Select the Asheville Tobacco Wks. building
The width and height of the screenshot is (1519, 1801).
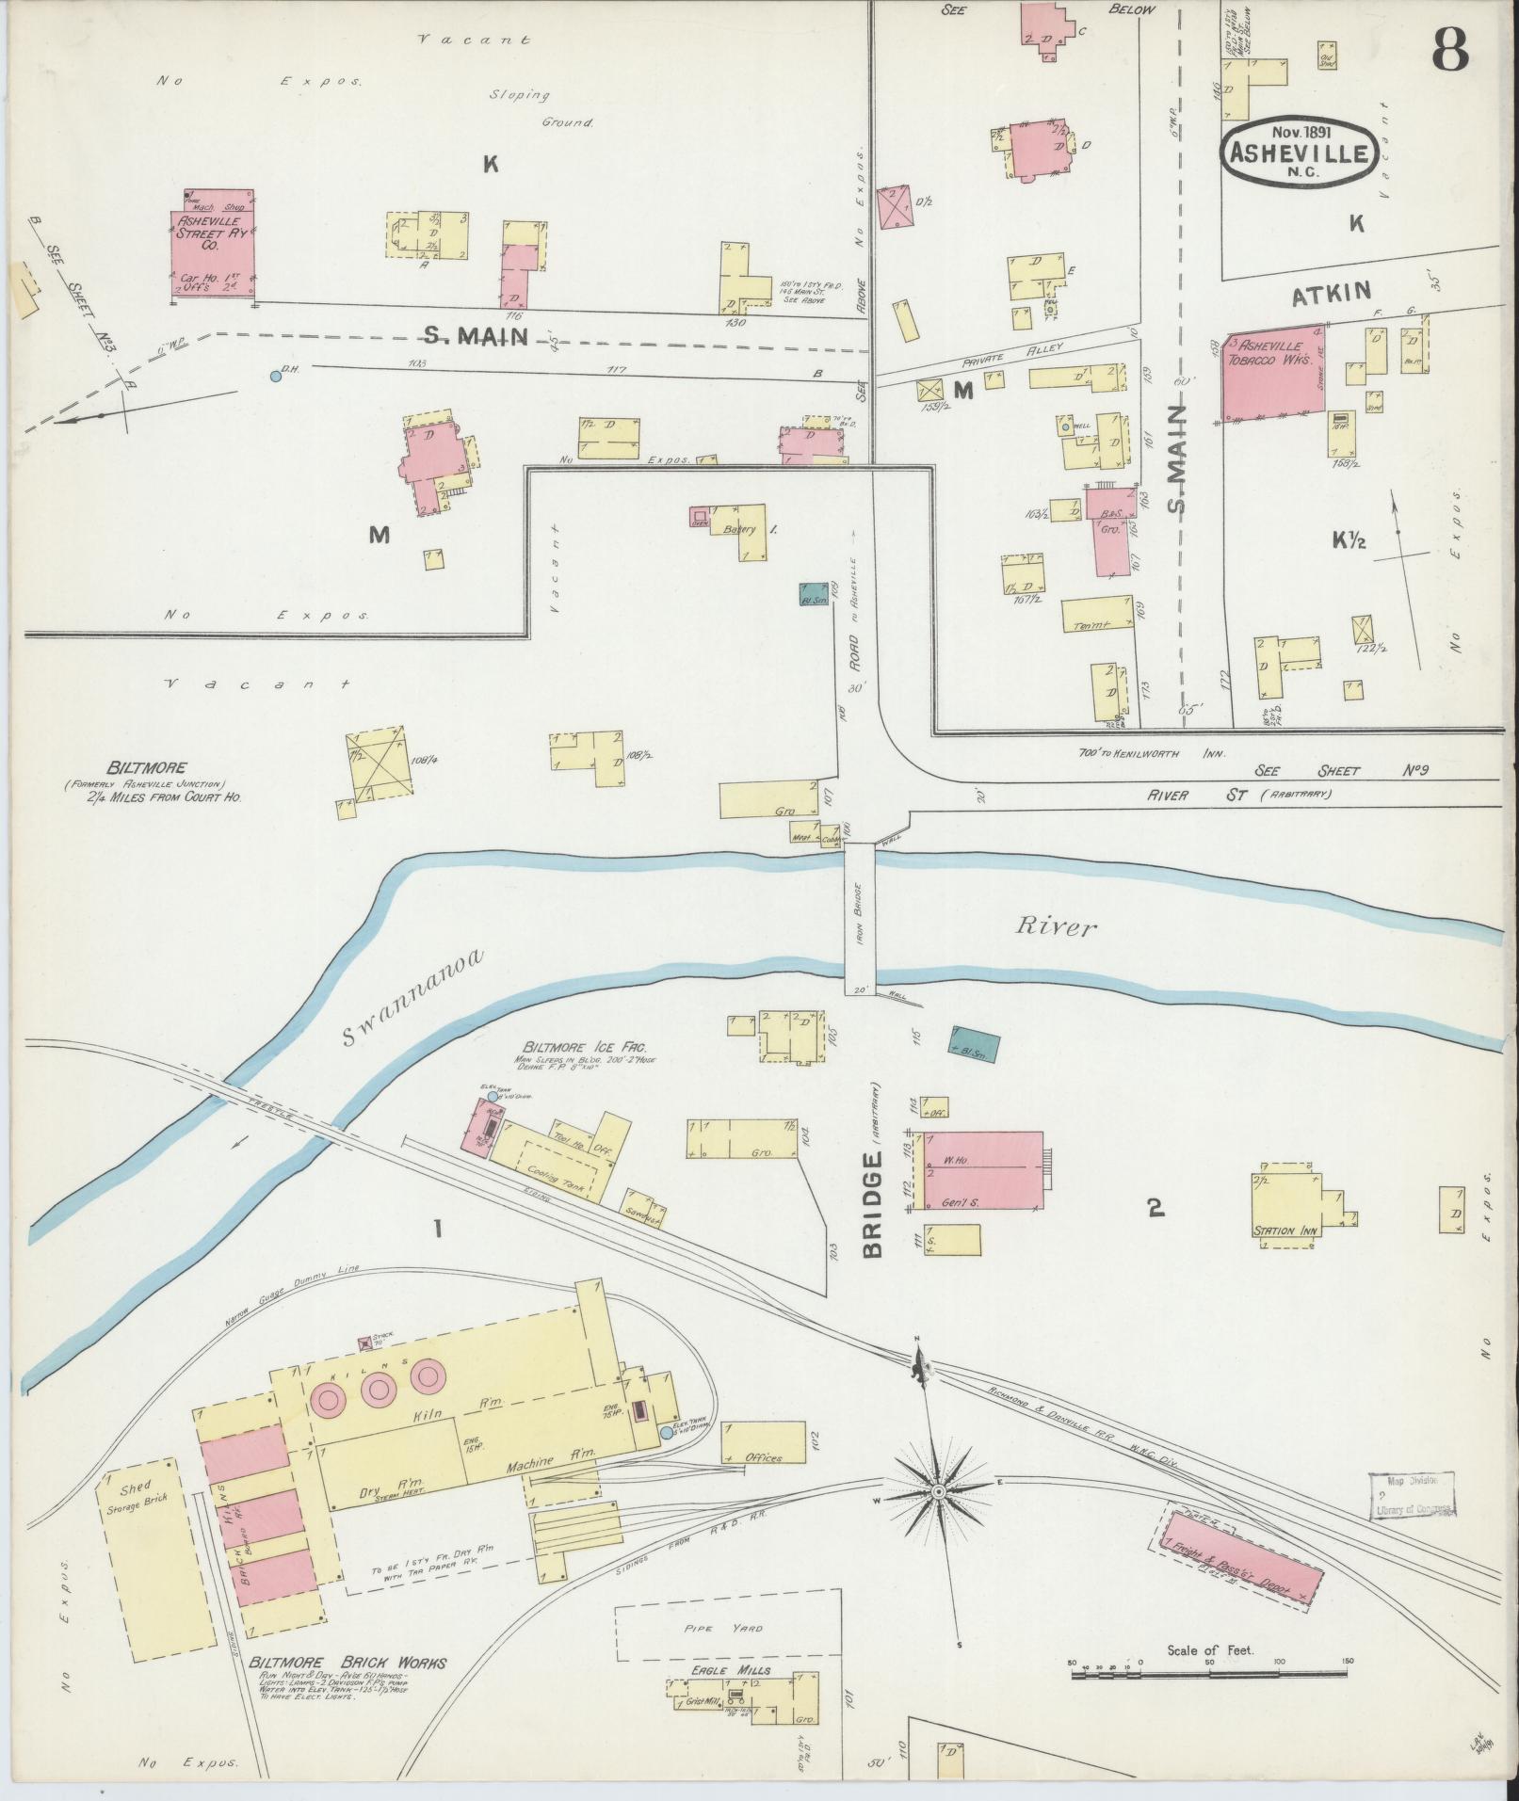tap(1271, 375)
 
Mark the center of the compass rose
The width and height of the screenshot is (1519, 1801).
tap(939, 1493)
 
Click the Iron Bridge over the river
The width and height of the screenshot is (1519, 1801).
tap(861, 912)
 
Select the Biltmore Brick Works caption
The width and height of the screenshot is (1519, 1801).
tap(347, 1663)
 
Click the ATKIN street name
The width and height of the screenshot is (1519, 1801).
tap(1331, 294)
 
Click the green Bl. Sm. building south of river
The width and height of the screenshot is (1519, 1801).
tap(974, 1044)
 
